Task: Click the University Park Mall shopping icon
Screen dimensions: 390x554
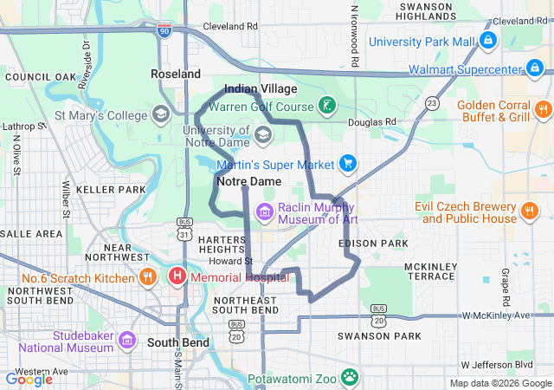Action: pos(488,41)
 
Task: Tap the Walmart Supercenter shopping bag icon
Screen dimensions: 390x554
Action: pos(537,68)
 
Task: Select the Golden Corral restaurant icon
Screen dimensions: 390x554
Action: pos(543,109)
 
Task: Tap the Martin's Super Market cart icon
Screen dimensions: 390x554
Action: pos(348,163)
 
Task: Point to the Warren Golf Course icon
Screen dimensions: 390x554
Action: pos(326,107)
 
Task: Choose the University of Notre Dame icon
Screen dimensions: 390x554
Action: pos(263,134)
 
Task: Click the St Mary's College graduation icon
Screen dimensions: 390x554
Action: pos(160,114)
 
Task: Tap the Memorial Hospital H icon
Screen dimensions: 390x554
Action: pos(177,277)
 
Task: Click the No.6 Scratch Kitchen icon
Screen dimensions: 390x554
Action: pos(148,277)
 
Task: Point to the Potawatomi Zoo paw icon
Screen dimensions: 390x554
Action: pos(350,377)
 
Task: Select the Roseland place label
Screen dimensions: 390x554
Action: pos(176,75)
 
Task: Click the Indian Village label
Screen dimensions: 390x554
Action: pos(261,89)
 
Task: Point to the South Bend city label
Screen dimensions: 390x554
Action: pos(177,342)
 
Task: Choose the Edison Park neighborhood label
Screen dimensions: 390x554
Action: pos(374,244)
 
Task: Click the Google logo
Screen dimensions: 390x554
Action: pos(29,379)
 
